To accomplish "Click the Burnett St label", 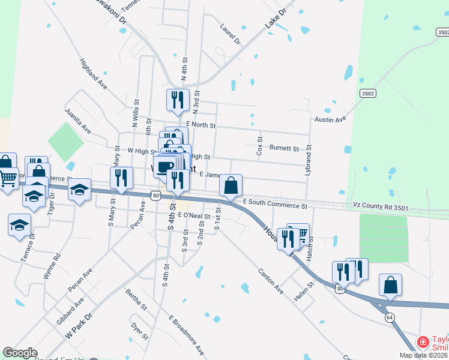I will [284, 148].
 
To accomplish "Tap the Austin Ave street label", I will [331, 119].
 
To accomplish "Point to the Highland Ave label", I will [93, 74].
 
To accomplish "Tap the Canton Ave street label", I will [271, 280].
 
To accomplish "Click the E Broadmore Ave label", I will [186, 335].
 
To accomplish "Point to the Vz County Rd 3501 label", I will [380, 208].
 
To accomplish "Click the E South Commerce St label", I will [275, 206].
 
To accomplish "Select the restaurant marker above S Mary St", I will [121, 178].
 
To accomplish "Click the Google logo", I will [20, 353].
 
